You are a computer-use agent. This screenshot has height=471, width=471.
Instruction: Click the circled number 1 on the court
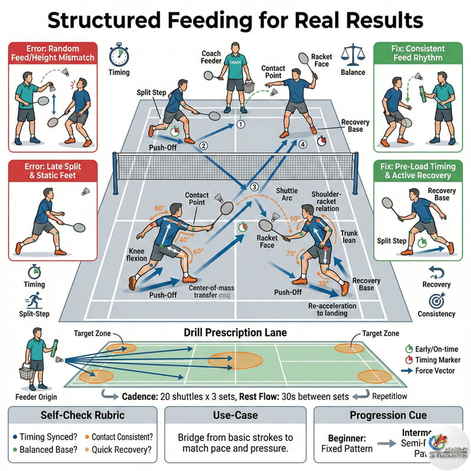240,124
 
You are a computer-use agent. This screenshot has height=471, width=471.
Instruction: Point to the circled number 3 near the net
254,187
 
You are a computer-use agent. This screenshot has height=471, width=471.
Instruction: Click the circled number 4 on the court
303,144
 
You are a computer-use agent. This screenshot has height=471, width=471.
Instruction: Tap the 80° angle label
158,208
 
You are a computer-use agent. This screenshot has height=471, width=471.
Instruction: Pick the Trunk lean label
349,237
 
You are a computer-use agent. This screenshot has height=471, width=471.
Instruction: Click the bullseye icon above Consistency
436,300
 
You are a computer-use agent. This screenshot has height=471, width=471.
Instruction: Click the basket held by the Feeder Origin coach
25,373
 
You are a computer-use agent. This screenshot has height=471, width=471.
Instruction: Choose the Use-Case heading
235,415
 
